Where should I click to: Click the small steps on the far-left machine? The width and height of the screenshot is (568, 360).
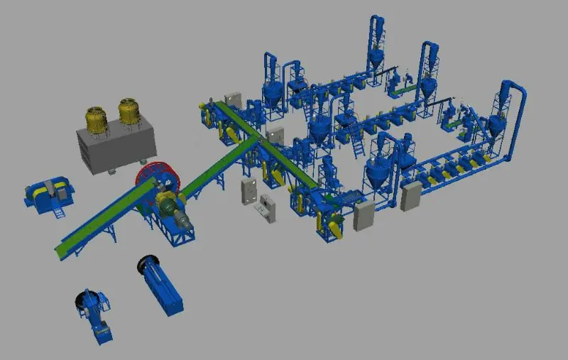[x=60, y=211]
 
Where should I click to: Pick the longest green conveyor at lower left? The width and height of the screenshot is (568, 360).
[x=106, y=217]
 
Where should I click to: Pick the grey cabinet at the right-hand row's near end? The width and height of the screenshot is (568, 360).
[x=410, y=196]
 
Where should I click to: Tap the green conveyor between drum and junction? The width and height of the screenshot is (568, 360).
[x=217, y=163]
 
